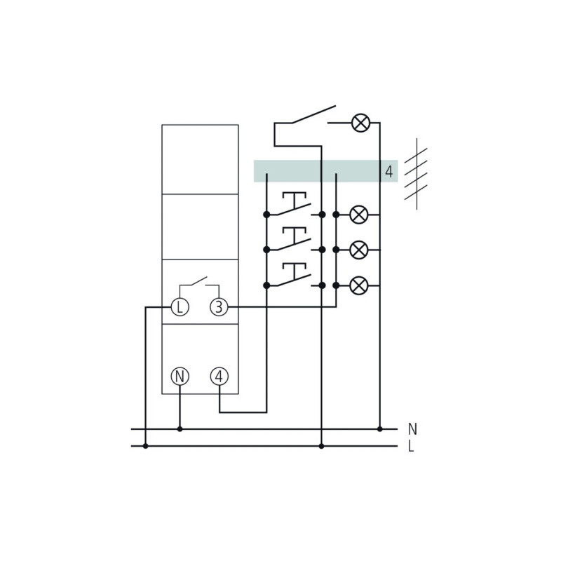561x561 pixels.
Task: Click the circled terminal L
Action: click(180, 307)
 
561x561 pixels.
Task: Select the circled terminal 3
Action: click(219, 307)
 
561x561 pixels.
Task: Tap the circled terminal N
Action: click(180, 377)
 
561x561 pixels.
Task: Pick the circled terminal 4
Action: click(219, 377)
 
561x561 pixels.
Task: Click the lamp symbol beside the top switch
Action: click(360, 123)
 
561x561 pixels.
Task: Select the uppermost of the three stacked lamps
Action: click(358, 215)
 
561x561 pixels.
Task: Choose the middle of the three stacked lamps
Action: click(358, 250)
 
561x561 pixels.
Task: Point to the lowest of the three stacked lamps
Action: click(358, 285)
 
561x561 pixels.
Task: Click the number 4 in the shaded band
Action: click(389, 172)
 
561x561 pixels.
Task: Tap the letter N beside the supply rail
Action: click(412, 429)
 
